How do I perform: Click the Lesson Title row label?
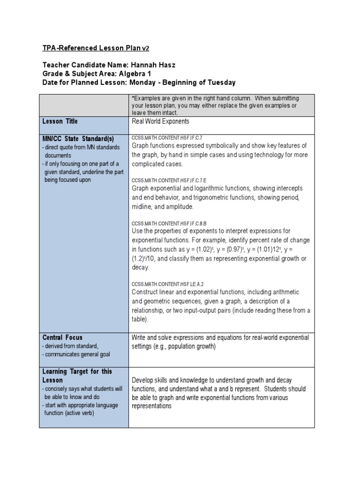point(60,121)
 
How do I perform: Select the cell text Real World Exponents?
point(160,121)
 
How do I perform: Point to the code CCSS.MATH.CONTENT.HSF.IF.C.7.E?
point(169,180)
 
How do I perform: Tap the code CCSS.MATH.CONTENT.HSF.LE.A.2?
point(167,284)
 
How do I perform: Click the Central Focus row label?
point(62,337)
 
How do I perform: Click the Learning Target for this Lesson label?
point(77,376)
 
